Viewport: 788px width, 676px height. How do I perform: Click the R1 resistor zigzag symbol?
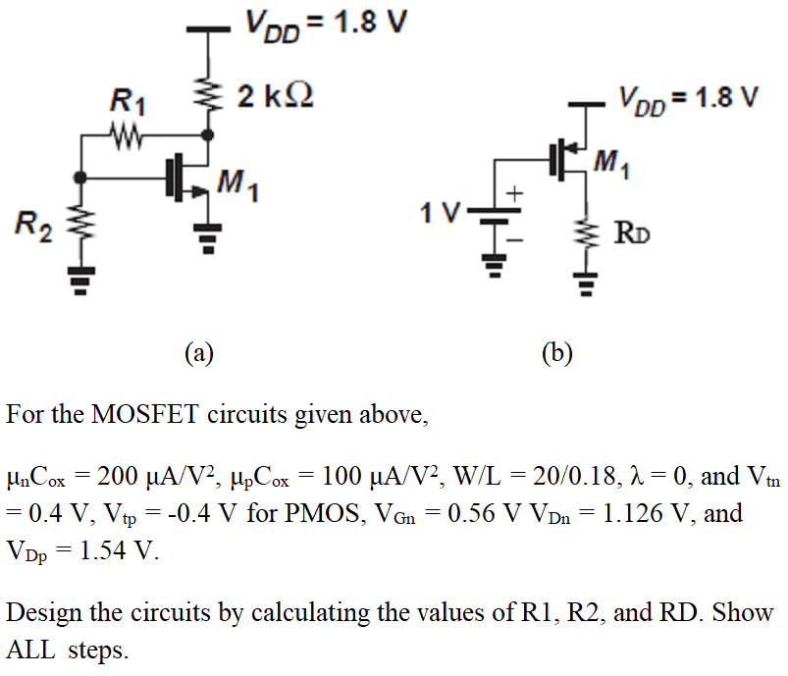tap(129, 132)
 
